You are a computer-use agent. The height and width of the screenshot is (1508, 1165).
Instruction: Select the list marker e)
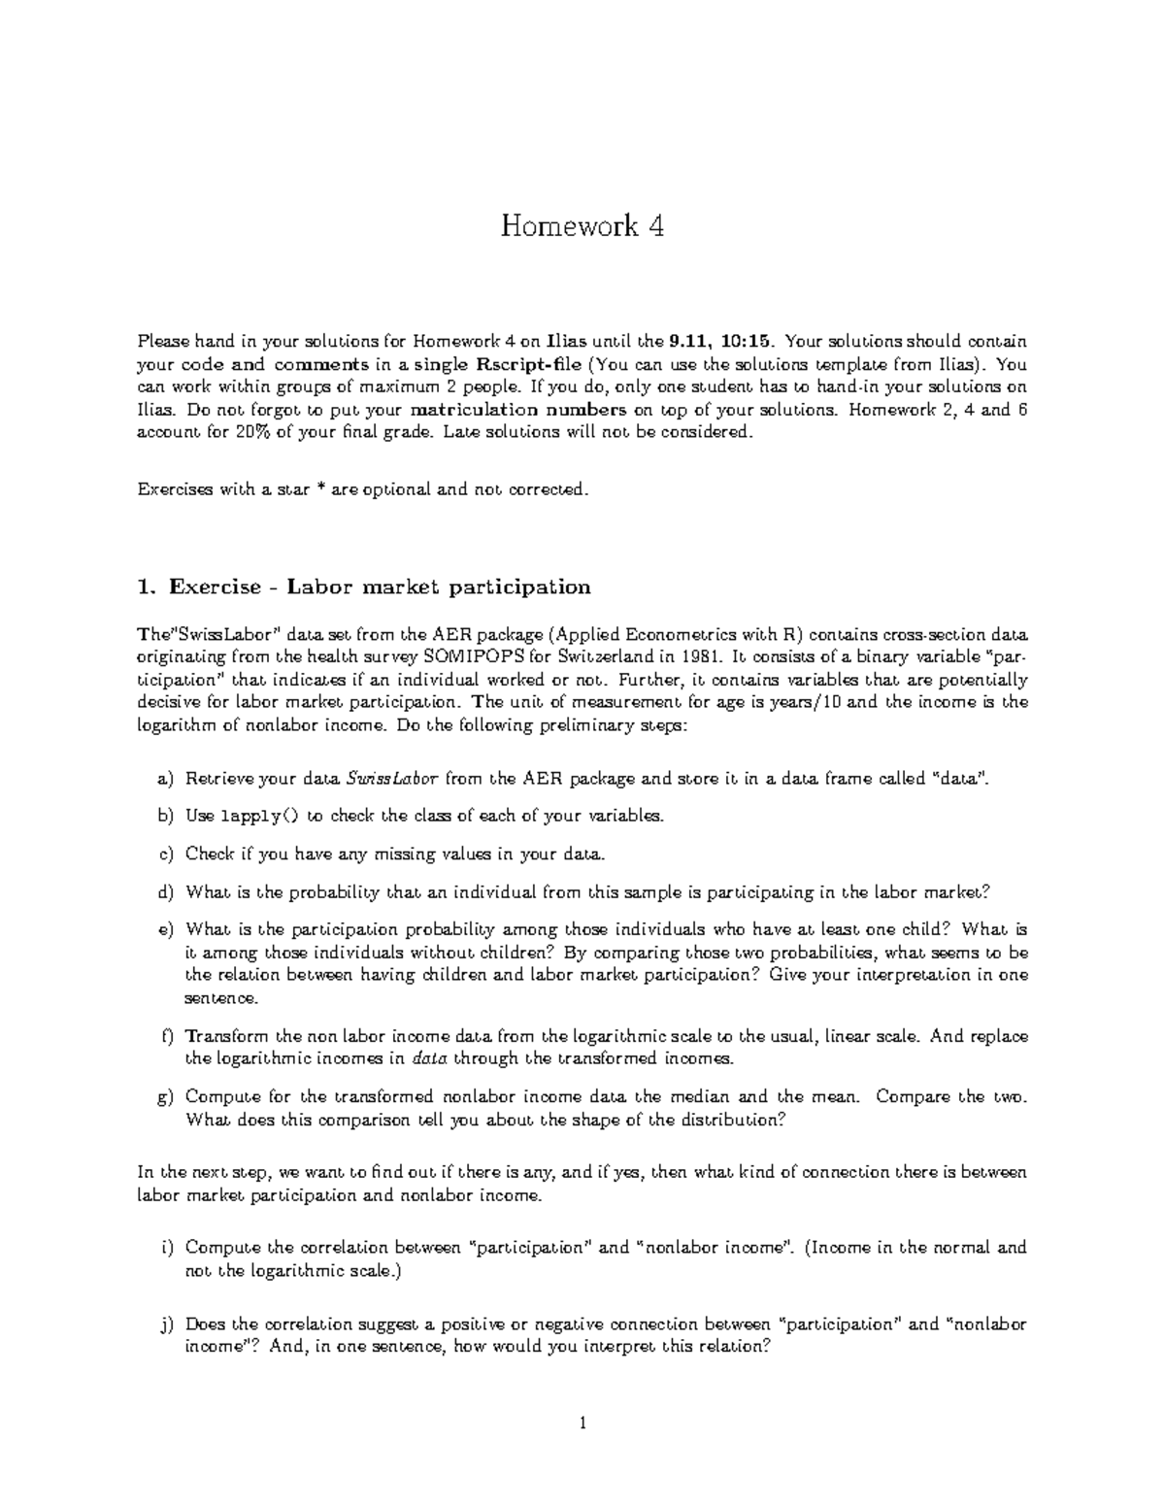click(x=165, y=929)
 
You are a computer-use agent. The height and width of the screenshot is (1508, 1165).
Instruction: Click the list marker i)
click(x=166, y=1247)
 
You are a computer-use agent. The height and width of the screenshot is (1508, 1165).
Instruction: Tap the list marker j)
click(x=166, y=1323)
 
